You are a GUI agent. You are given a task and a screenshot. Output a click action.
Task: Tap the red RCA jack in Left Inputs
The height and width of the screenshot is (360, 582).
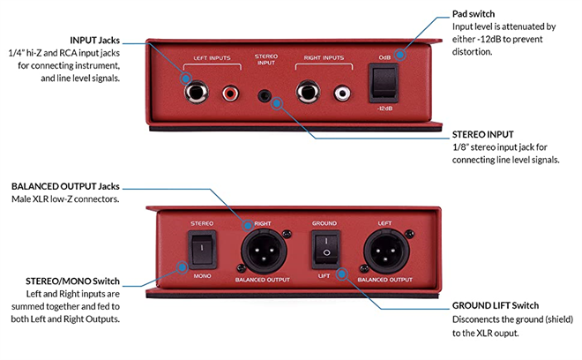point(230,92)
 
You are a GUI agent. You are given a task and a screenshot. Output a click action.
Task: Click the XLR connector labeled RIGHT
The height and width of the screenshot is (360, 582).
point(262,252)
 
